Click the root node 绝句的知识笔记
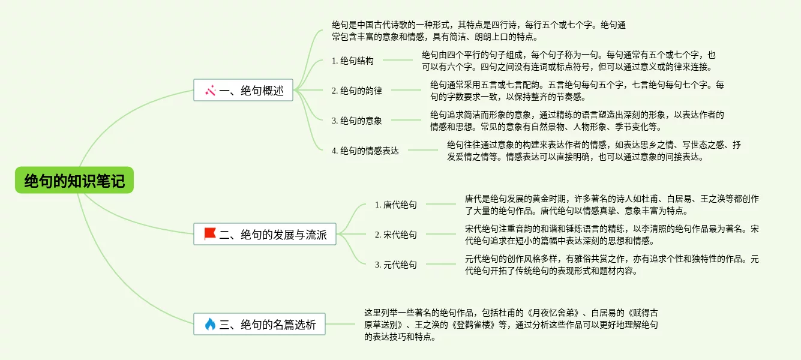pos(74,181)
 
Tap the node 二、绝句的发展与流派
pos(265,235)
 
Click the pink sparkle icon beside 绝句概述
pos(210,91)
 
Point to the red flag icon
pos(210,234)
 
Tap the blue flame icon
pos(210,325)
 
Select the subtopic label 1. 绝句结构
pos(353,61)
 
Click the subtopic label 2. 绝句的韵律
pos(357,91)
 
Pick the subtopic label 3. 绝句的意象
pos(357,121)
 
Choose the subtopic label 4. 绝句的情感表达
pos(365,151)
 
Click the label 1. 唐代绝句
pos(396,205)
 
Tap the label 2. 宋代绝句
pos(396,235)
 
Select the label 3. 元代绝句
pos(396,265)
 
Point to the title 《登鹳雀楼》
pos(473,325)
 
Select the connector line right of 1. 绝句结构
pos(398,60)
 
